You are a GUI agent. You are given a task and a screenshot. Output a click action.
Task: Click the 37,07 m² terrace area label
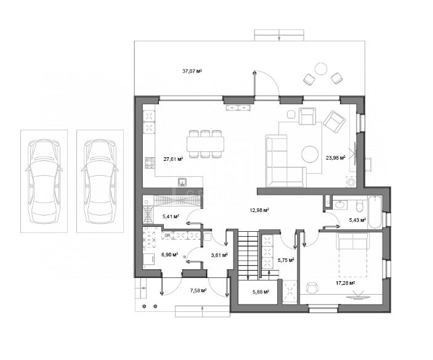(192, 71)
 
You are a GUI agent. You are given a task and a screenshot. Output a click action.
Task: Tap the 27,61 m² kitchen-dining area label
(174, 159)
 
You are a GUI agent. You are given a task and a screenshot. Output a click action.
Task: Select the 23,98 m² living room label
(336, 158)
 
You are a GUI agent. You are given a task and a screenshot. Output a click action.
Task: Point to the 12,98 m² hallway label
(259, 210)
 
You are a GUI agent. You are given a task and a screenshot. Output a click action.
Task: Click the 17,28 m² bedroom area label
(345, 283)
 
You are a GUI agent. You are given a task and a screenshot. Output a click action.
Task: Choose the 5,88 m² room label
(261, 292)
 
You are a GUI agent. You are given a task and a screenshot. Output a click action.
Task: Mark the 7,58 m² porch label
(198, 290)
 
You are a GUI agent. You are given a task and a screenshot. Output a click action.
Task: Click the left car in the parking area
(44, 181)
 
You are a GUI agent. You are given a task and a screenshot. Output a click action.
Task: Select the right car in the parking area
(100, 181)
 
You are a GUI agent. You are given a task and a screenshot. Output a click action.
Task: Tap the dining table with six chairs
(205, 144)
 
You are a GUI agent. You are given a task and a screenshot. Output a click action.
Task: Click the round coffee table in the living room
(310, 154)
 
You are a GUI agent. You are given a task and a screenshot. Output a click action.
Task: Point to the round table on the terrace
(321, 69)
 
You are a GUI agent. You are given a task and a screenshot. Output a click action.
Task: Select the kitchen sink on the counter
(182, 182)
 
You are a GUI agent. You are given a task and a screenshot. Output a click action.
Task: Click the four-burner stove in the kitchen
(150, 163)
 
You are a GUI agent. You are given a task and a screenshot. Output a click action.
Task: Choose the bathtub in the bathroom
(374, 212)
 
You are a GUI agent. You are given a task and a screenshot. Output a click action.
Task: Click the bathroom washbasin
(339, 204)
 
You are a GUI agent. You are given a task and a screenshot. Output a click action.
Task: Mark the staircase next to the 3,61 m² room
(248, 254)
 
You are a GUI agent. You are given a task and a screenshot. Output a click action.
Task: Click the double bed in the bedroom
(352, 255)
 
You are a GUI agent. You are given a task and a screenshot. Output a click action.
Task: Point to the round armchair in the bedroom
(312, 288)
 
